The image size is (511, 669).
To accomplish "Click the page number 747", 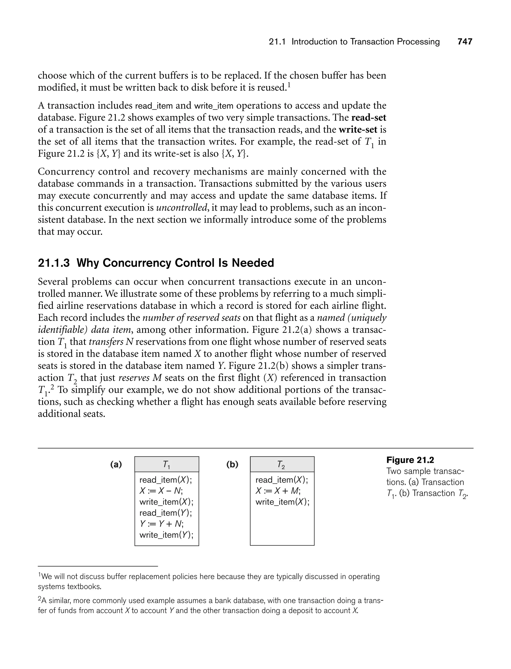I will click(x=465, y=42).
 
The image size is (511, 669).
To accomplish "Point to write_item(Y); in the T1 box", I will click(x=166, y=535).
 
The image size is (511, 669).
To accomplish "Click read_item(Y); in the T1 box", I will click(x=166, y=513).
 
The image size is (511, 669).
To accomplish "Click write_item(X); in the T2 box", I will click(x=282, y=502).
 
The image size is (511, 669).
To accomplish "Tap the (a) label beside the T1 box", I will click(x=116, y=464).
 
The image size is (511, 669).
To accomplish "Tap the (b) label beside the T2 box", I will click(x=232, y=464).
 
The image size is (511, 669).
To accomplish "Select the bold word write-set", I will click(x=358, y=130).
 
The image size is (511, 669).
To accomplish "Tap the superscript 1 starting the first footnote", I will click(x=39, y=575).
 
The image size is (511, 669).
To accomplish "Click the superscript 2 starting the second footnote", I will click(x=39, y=599).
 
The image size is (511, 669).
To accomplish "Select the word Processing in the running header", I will click(x=418, y=42).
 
